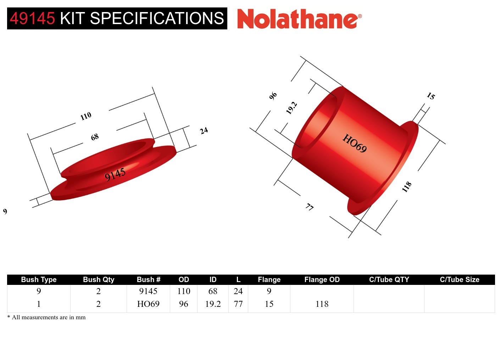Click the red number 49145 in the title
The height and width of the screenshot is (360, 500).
coord(32,18)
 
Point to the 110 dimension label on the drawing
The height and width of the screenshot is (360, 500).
coord(86,116)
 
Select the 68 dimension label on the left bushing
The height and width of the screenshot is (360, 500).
coord(95,137)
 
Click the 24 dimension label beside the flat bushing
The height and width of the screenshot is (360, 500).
coord(204,130)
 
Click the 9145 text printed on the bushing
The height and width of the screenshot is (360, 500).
coord(115,174)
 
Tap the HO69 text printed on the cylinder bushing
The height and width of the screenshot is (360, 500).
coord(354,143)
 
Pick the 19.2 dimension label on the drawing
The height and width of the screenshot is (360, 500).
coord(291,108)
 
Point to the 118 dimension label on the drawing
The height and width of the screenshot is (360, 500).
coord(407,186)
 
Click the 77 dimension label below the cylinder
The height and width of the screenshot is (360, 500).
coord(310,207)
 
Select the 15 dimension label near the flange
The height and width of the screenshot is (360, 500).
coord(430,96)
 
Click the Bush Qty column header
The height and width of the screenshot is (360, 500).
coord(99,280)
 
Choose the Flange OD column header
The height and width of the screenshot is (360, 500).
coord(322,280)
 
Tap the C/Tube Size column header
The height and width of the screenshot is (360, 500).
coord(459,280)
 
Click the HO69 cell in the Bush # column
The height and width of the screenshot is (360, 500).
coord(148,304)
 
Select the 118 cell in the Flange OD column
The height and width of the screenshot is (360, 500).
coord(322,304)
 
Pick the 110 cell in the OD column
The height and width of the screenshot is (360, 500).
coord(184,291)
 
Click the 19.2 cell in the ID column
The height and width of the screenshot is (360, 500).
coord(213,304)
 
